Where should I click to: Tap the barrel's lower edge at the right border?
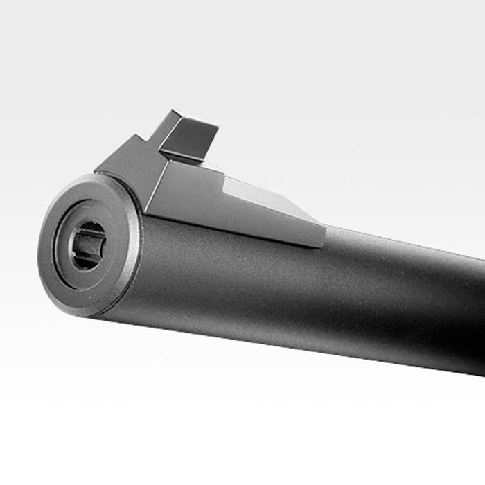[482, 375]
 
